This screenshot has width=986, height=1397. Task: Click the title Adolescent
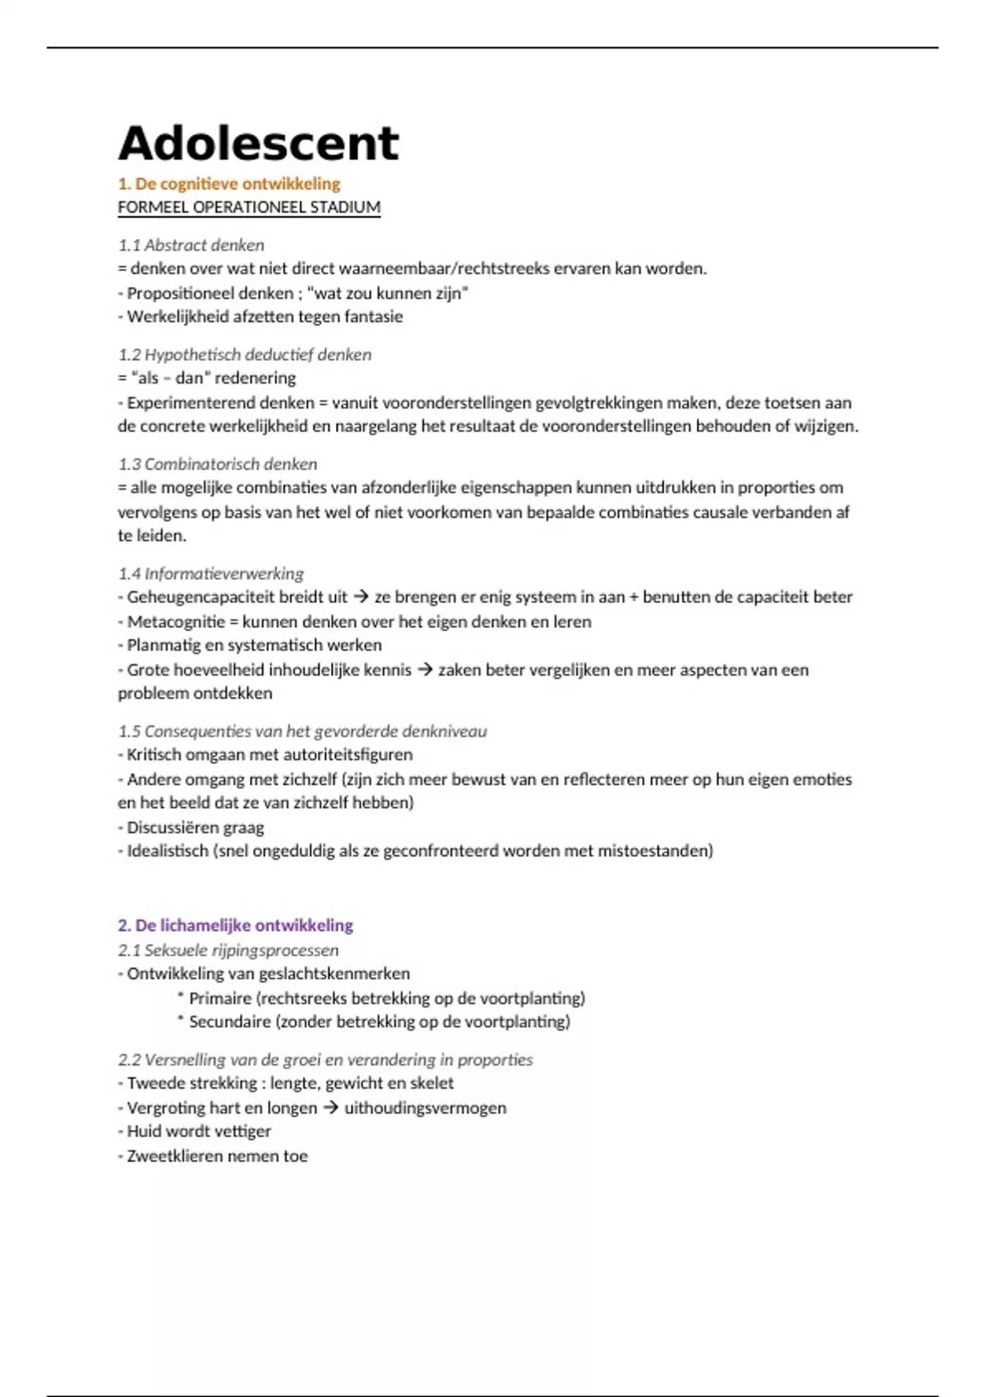[258, 144]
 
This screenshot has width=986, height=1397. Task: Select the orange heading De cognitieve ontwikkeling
[237, 183]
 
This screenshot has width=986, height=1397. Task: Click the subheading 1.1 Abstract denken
[191, 245]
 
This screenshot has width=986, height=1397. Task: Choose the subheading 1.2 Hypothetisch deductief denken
[244, 354]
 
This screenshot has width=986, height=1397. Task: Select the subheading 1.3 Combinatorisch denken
[217, 463]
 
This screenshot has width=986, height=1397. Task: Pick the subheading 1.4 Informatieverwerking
[210, 573]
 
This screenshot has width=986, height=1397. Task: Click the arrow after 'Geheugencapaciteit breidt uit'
[361, 597]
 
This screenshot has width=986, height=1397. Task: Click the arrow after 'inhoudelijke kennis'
[425, 670]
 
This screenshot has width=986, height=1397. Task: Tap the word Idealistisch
[168, 851]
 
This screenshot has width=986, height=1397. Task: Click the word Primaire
[220, 998]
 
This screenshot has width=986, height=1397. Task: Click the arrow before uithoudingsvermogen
[330, 1108]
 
